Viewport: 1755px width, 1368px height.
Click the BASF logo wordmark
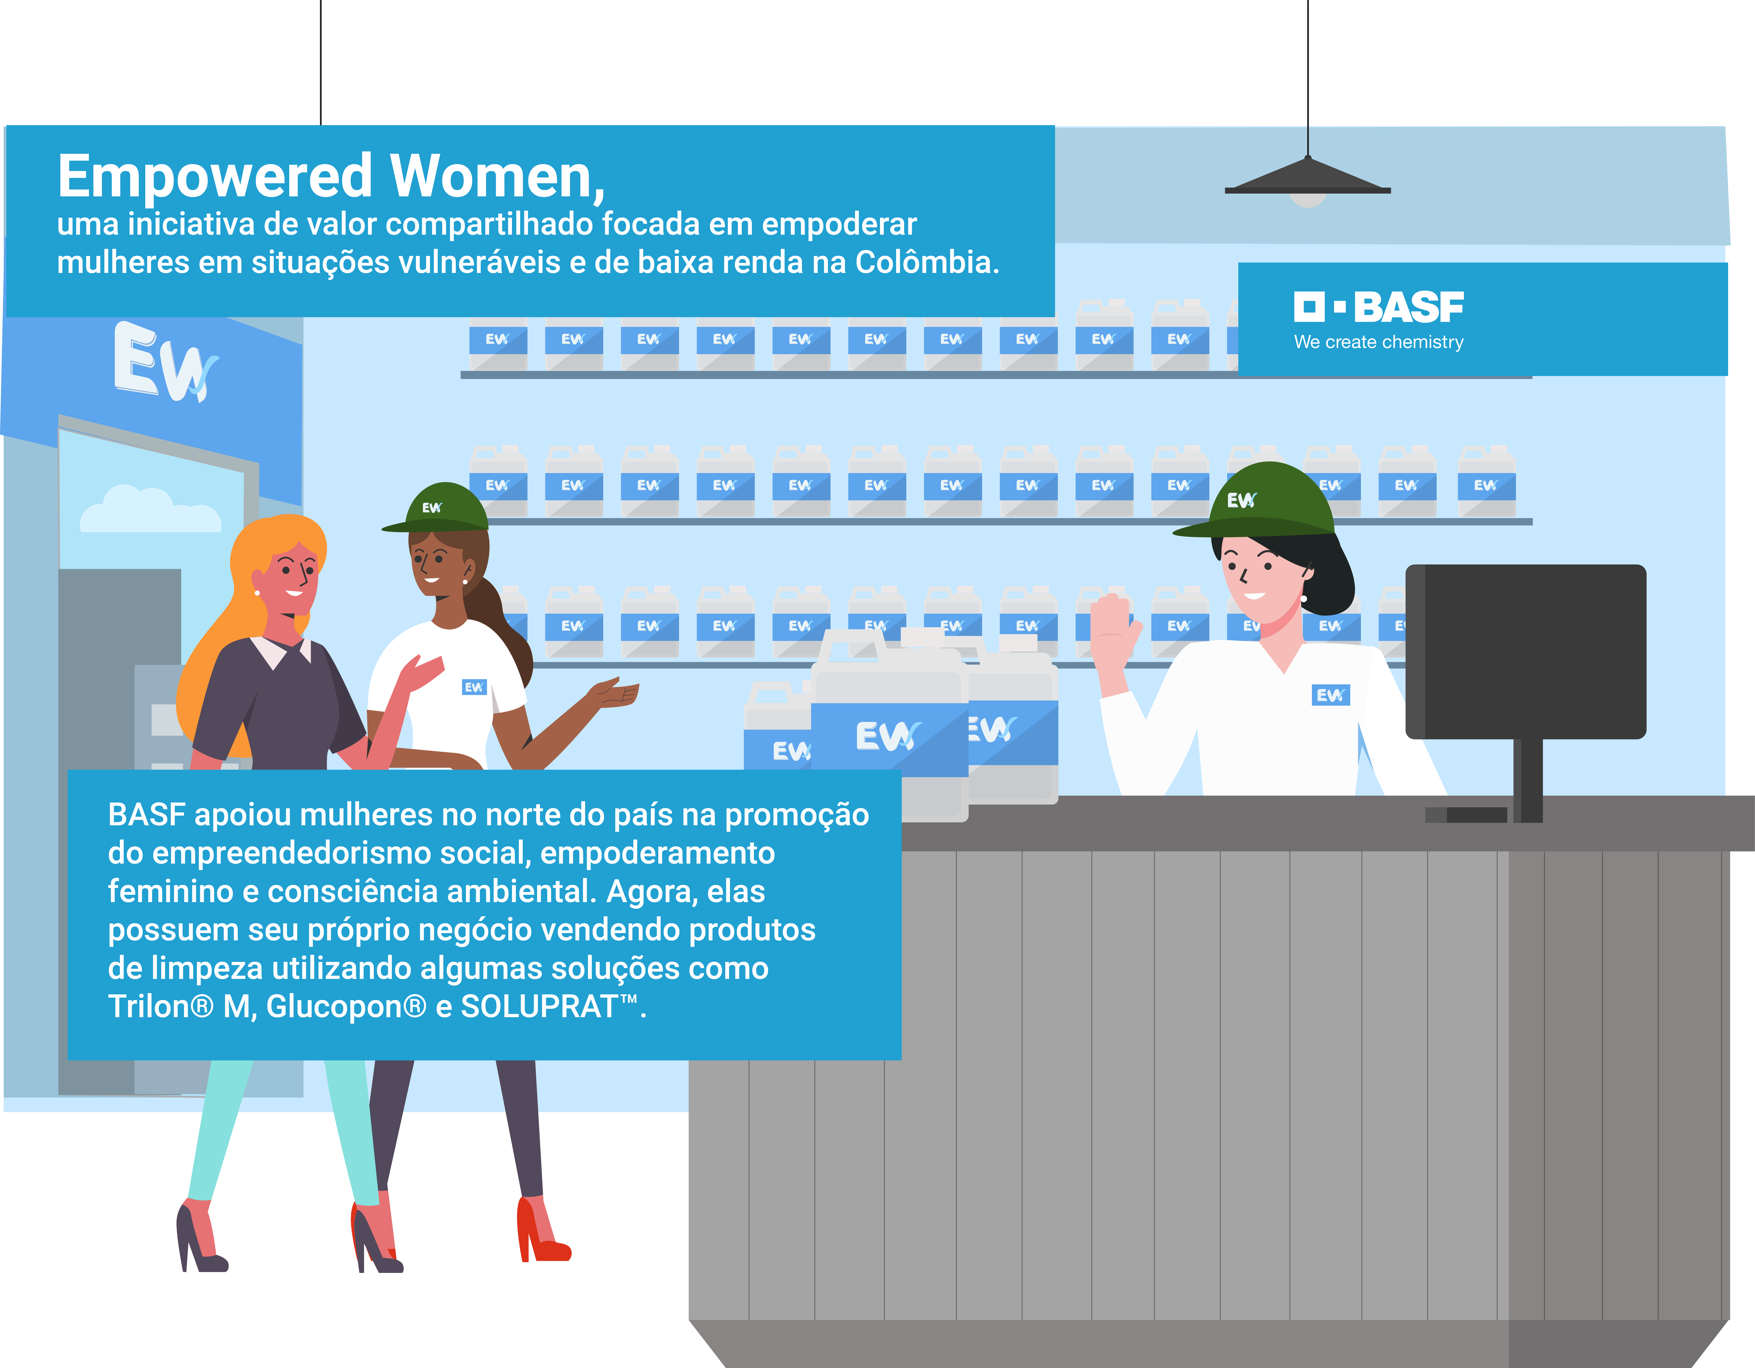pos(1379,307)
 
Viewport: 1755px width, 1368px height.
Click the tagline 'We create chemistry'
pos(1379,342)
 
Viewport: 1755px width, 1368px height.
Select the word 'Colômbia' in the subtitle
pos(927,263)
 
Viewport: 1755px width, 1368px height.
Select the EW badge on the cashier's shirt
pos(1331,695)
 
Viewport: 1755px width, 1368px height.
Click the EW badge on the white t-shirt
pos(474,687)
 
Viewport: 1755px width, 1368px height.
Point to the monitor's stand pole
pos(1528,780)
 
